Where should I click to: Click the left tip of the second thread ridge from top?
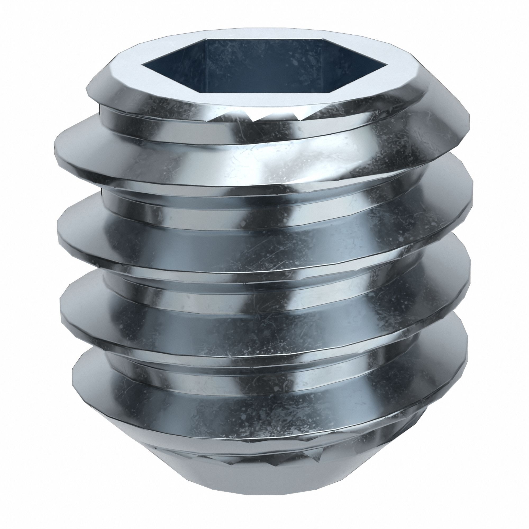57,230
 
